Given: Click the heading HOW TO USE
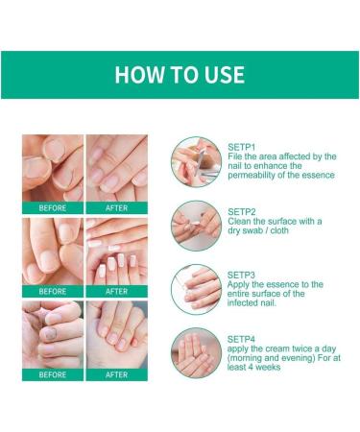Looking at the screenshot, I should point(180,75).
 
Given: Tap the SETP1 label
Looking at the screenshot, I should point(240,146).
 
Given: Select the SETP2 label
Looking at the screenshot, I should point(240,210).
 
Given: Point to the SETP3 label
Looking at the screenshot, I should point(240,274).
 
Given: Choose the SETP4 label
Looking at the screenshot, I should point(240,337).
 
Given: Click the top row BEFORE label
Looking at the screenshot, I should point(52,207).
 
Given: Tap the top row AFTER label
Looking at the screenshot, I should point(116,207).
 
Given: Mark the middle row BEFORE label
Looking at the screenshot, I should point(52,291).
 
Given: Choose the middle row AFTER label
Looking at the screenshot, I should point(116,291).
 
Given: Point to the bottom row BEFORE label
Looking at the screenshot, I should point(52,374).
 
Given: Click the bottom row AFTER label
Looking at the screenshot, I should point(116,374).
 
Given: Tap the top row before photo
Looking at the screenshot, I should point(52,167).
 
